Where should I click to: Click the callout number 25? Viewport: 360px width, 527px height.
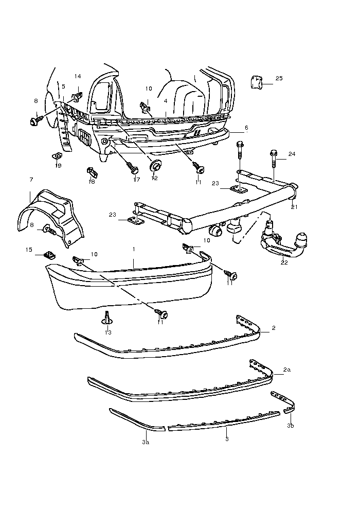pyautogui.click(x=279, y=78)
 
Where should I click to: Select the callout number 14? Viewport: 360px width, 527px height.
pyautogui.click(x=78, y=76)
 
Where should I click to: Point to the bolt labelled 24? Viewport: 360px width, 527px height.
pyautogui.click(x=273, y=159)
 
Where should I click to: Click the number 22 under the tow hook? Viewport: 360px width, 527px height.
pyautogui.click(x=284, y=262)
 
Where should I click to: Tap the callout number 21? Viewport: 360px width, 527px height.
pyautogui.click(x=294, y=207)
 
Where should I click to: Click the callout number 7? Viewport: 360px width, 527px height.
pyautogui.click(x=31, y=180)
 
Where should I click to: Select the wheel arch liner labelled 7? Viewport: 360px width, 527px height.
pyautogui.click(x=49, y=214)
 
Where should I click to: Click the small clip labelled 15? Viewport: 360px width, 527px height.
pyautogui.click(x=49, y=254)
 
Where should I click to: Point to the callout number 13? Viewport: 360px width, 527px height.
pyautogui.click(x=108, y=332)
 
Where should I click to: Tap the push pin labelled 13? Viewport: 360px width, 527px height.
pyautogui.click(x=107, y=318)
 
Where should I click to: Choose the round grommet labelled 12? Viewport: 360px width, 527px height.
pyautogui.click(x=154, y=165)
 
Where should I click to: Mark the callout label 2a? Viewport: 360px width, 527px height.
pyautogui.click(x=287, y=370)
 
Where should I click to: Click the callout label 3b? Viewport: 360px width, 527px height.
pyautogui.click(x=291, y=426)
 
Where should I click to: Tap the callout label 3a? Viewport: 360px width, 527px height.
pyautogui.click(x=146, y=442)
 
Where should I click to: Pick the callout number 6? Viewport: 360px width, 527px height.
pyautogui.click(x=246, y=127)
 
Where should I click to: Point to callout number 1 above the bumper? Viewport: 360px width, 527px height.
pyautogui.click(x=134, y=249)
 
